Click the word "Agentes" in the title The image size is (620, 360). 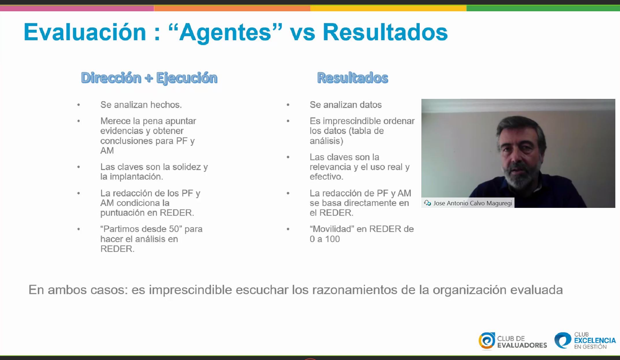(x=225, y=32)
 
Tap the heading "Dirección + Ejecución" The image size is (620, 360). (x=149, y=78)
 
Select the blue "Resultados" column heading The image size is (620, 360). (x=353, y=78)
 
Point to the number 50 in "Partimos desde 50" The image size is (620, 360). (x=174, y=229)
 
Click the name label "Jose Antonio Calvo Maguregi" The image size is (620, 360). (x=473, y=203)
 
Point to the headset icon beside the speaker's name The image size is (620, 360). (x=427, y=203)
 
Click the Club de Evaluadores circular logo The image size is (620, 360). (x=487, y=341)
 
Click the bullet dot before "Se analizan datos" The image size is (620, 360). (x=288, y=105)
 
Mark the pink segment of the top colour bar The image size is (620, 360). (x=77, y=8)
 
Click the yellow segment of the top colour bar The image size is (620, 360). (x=388, y=8)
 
